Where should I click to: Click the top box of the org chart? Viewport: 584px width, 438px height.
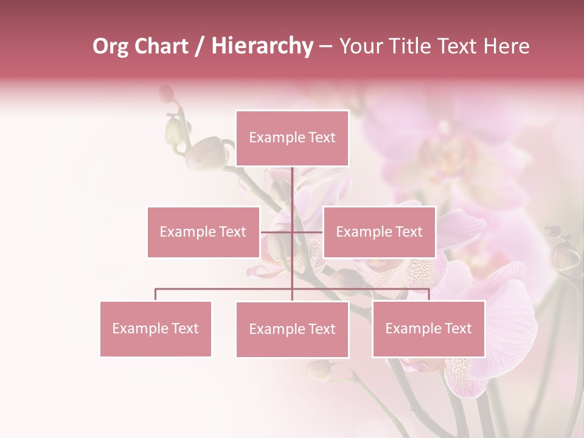pos(292,138)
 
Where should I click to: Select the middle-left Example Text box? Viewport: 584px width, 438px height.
pos(203,232)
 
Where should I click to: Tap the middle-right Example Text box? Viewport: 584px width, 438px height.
pos(379,232)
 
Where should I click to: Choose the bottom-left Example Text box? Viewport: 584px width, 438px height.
pos(156,328)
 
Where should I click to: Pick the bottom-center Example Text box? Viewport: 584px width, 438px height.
pos(292,329)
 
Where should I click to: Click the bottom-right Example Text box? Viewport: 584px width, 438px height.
pos(428,328)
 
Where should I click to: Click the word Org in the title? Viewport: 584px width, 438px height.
pos(110,47)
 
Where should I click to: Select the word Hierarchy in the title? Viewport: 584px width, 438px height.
pos(262,47)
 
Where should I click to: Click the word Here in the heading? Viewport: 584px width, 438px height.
pos(506,46)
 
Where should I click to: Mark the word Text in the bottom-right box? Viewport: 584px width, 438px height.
pos(458,328)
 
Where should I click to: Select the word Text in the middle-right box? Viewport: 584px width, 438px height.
pos(409,232)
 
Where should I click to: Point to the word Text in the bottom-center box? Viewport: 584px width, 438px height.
pos(322,329)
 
